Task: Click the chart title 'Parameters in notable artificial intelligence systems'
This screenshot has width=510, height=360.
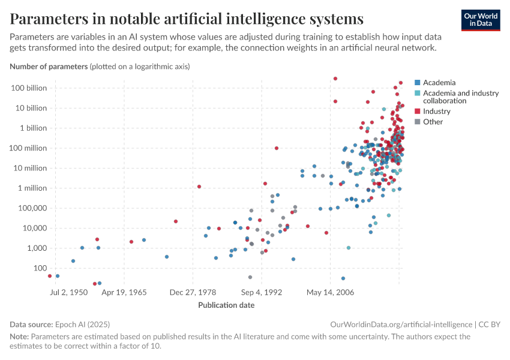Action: coord(187,19)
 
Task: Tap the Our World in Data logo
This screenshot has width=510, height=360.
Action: coord(481,20)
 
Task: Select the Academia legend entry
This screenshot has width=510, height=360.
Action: coord(439,83)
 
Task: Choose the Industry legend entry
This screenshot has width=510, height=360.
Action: coord(436,112)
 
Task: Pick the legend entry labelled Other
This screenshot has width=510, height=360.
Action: coord(433,122)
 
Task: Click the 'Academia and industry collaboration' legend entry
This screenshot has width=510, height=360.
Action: coord(460,97)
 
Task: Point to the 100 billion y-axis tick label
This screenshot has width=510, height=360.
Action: coord(28,88)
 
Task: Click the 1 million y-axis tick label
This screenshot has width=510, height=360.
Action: coord(31,188)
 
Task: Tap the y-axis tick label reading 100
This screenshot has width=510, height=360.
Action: coord(40,268)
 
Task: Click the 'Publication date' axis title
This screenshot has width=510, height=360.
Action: coord(226,305)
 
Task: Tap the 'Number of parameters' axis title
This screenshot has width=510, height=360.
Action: coord(49,67)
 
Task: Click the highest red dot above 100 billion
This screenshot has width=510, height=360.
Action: coord(335,79)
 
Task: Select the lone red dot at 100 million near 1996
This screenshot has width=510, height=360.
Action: coord(277,148)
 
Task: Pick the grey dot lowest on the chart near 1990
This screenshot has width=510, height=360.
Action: coord(250,277)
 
